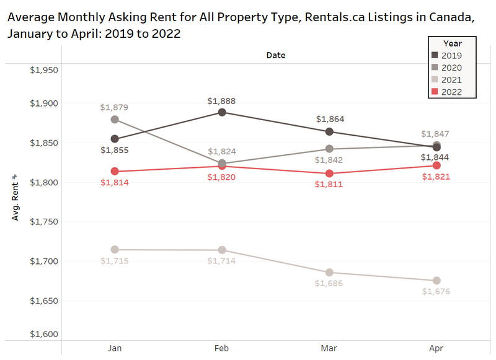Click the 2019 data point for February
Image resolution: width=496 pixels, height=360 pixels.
click(x=221, y=112)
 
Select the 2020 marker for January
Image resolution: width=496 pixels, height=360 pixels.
click(x=114, y=120)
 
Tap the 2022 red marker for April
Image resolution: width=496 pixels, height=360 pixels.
click(x=436, y=165)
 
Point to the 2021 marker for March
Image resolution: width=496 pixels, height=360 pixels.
click(x=329, y=273)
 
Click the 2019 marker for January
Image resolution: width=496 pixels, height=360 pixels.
click(x=114, y=139)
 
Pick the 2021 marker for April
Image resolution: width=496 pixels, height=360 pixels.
click(x=436, y=281)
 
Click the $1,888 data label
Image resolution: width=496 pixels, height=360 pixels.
click(x=221, y=101)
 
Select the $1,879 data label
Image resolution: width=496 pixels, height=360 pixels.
click(x=114, y=107)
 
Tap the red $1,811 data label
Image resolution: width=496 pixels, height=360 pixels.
click(x=329, y=185)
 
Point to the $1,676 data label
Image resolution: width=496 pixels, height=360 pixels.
click(x=436, y=292)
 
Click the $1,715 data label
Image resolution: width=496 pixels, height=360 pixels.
click(x=114, y=261)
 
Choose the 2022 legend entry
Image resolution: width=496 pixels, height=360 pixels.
click(x=451, y=92)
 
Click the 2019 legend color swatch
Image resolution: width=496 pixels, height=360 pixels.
click(x=435, y=56)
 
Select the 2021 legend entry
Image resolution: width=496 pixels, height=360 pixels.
click(x=451, y=80)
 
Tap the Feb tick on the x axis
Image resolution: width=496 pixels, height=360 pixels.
click(x=221, y=349)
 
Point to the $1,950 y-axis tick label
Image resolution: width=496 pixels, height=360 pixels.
click(x=43, y=69)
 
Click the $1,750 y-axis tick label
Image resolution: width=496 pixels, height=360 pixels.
click(x=43, y=222)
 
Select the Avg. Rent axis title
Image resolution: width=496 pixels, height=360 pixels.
click(x=15, y=198)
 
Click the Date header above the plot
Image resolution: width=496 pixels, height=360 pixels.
click(x=275, y=55)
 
